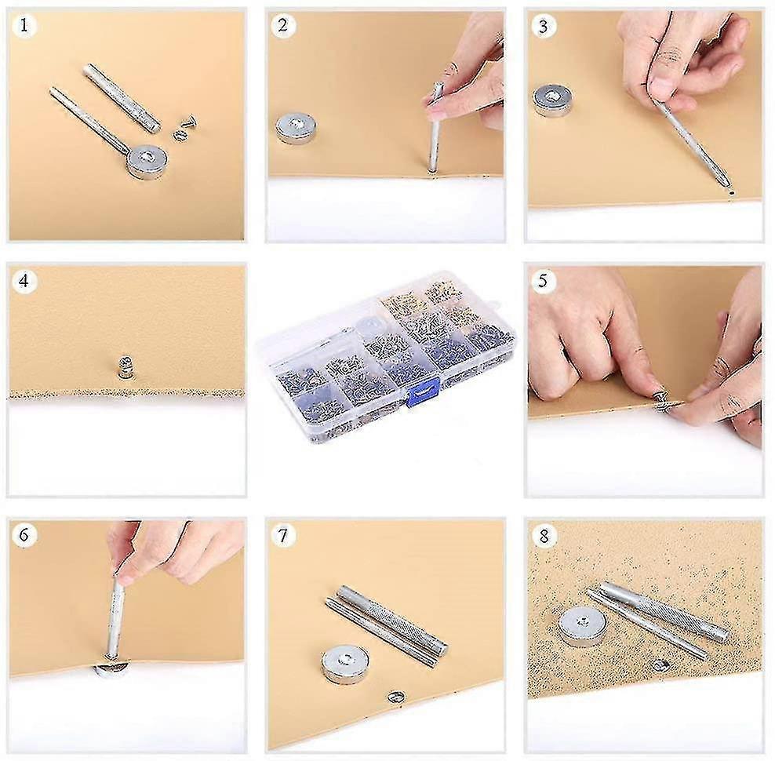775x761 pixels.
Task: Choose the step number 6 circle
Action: pyautogui.click(x=25, y=535)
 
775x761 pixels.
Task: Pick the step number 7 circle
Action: pyautogui.click(x=283, y=535)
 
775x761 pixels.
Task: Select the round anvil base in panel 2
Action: pyautogui.click(x=297, y=127)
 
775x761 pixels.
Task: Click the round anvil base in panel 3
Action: pyautogui.click(x=552, y=100)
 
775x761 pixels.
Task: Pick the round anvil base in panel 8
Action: pyautogui.click(x=583, y=627)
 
